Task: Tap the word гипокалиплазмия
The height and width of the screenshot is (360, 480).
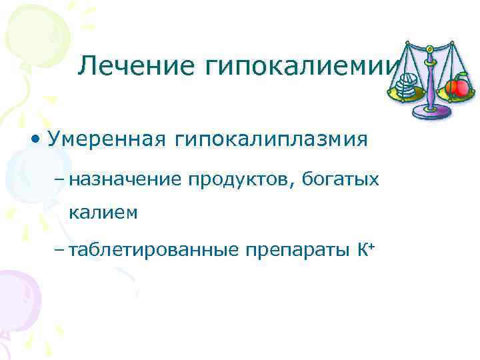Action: (x=271, y=139)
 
